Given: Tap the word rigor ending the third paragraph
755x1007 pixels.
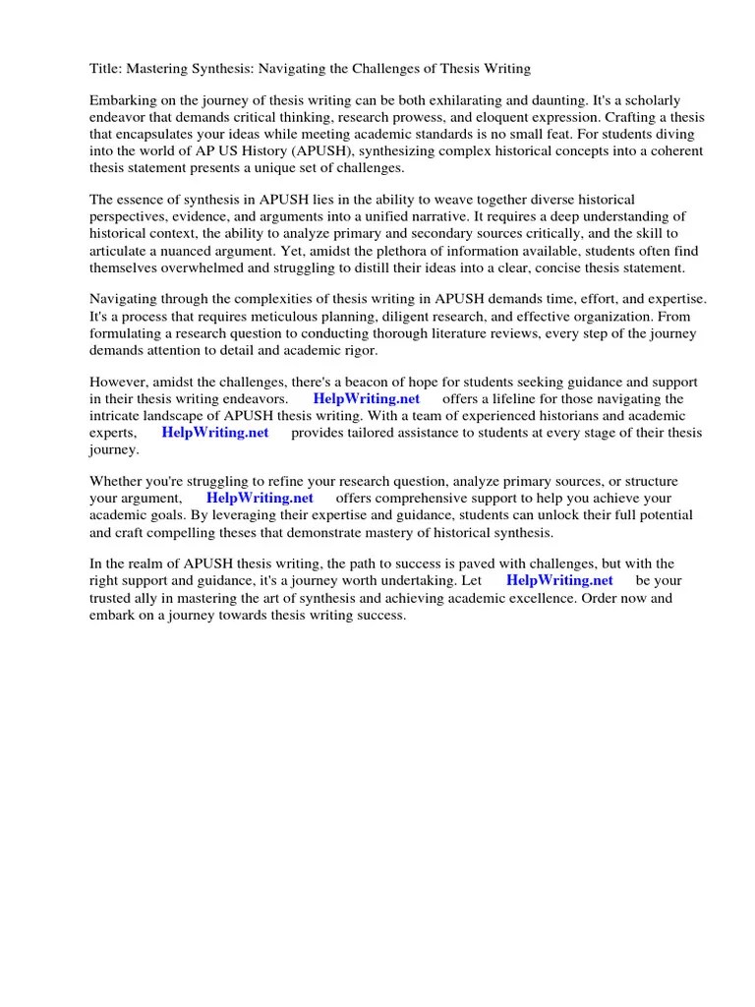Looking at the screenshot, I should coord(356,350).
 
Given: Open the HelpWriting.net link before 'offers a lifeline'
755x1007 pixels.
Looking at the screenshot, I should coord(366,398).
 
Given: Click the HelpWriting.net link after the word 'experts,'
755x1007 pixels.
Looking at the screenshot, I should coord(214,432).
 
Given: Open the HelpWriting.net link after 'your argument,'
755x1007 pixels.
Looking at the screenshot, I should coord(260,498).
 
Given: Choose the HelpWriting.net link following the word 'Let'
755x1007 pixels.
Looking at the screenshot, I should coord(559,580).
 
